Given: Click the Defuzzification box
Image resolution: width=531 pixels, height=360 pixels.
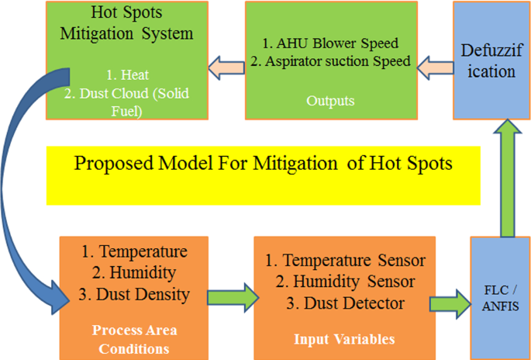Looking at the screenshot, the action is pyautogui.click(x=491, y=61).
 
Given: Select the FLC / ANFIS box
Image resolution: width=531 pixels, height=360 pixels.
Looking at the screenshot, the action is pyautogui.click(x=500, y=298).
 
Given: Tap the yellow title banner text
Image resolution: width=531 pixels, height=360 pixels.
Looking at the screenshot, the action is pyautogui.click(x=263, y=164).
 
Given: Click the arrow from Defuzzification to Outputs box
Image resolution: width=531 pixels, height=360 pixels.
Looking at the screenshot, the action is pyautogui.click(x=435, y=67).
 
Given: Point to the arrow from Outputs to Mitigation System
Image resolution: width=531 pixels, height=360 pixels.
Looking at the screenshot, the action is pyautogui.click(x=226, y=67).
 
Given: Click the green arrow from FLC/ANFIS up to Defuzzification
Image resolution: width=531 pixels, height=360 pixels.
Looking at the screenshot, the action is pyautogui.click(x=507, y=178).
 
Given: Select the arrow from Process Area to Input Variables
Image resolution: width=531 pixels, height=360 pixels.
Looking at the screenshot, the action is pyautogui.click(x=233, y=298).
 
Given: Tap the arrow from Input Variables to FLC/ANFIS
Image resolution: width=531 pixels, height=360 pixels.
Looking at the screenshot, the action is pyautogui.click(x=450, y=304).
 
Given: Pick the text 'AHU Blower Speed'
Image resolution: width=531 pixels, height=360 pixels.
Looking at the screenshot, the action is pyautogui.click(x=337, y=43).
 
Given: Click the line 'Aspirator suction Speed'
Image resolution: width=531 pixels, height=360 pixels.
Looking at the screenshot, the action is pyautogui.click(x=338, y=61).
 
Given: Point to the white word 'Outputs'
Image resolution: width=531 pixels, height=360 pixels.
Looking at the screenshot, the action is pyautogui.click(x=330, y=101).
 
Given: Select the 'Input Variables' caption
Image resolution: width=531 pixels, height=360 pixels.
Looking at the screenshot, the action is pyautogui.click(x=344, y=339).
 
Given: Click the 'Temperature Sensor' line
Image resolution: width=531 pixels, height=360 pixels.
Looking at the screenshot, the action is pyautogui.click(x=354, y=261).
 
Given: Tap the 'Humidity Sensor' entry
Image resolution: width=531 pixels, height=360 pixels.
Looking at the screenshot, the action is pyautogui.click(x=354, y=282).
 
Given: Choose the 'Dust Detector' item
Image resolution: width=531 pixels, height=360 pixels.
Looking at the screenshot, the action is pyautogui.click(x=354, y=303).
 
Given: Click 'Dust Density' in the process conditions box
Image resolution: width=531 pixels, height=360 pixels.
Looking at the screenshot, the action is pyautogui.click(x=143, y=294).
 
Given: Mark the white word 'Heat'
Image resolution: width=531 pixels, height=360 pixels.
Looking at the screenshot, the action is pyautogui.click(x=135, y=75).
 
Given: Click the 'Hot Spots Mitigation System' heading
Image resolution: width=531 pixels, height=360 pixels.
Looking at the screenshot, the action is pyautogui.click(x=126, y=23).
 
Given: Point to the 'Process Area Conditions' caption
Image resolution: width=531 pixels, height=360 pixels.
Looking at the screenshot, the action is pyautogui.click(x=134, y=339).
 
